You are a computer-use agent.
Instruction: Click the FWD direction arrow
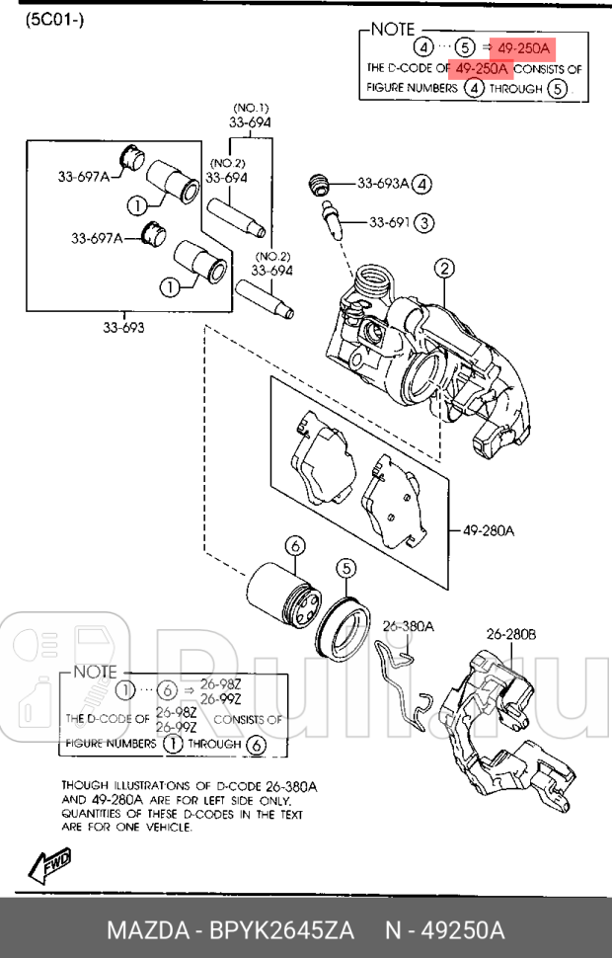click(50, 866)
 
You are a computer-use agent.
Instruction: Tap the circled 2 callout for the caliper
click(444, 269)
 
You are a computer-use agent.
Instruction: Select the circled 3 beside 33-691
click(424, 223)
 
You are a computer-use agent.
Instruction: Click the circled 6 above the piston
click(295, 545)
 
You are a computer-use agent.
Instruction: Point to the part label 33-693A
click(383, 184)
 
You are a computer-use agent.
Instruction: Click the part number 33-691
click(389, 222)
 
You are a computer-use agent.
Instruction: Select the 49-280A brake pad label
click(488, 530)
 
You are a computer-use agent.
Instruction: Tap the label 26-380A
click(408, 626)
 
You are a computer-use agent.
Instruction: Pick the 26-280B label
click(511, 635)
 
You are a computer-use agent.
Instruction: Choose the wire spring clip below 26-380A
click(403, 683)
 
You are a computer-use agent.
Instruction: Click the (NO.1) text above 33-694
click(251, 108)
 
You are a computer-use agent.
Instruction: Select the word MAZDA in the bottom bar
click(147, 931)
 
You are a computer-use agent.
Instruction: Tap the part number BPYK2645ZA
click(281, 931)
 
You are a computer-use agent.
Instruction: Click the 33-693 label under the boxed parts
click(123, 328)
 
